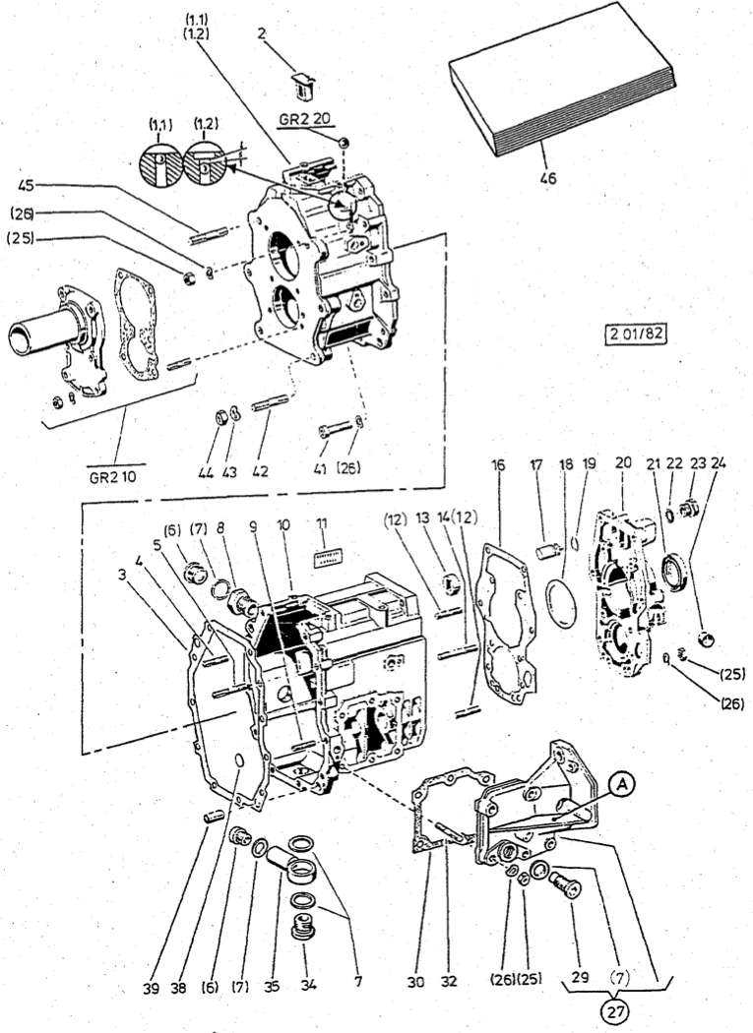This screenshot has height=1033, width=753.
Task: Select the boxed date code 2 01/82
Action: [x=636, y=334]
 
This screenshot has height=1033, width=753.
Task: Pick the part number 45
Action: [x=27, y=184]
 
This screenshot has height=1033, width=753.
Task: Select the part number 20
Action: [x=622, y=462]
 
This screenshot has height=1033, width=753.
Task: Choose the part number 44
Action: [x=205, y=471]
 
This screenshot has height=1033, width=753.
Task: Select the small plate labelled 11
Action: [x=322, y=559]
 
